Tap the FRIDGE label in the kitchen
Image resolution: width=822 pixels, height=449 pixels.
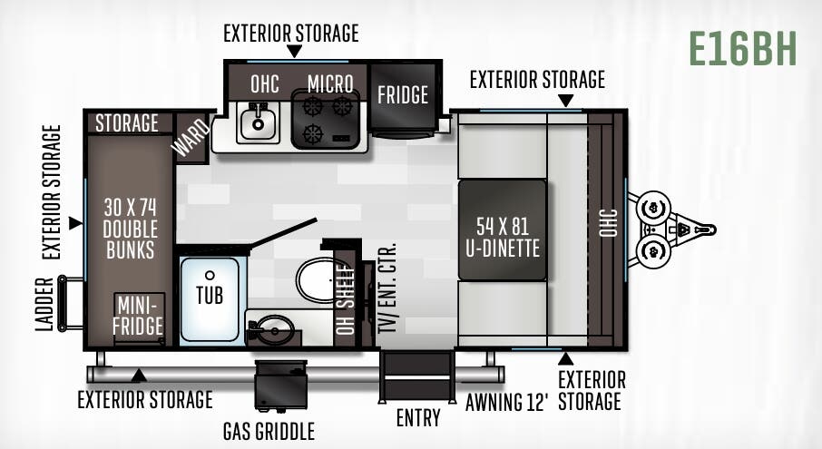coord(403,94)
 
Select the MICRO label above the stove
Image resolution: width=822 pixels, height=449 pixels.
coord(329,83)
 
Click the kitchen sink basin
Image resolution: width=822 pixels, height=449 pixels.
coord(259,122)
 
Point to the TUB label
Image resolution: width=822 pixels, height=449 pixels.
coord(210,295)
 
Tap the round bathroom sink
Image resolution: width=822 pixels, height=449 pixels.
coord(271,330)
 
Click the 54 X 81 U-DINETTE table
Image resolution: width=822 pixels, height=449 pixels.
coord(502,230)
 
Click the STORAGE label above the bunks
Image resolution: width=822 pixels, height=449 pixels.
coord(127,122)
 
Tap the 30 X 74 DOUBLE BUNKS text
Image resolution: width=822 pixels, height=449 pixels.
coord(129,226)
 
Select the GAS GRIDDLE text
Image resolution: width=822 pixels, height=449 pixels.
coord(269,430)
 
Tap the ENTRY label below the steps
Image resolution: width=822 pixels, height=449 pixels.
coord(418,419)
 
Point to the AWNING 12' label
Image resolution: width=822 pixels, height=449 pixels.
coord(507,402)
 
